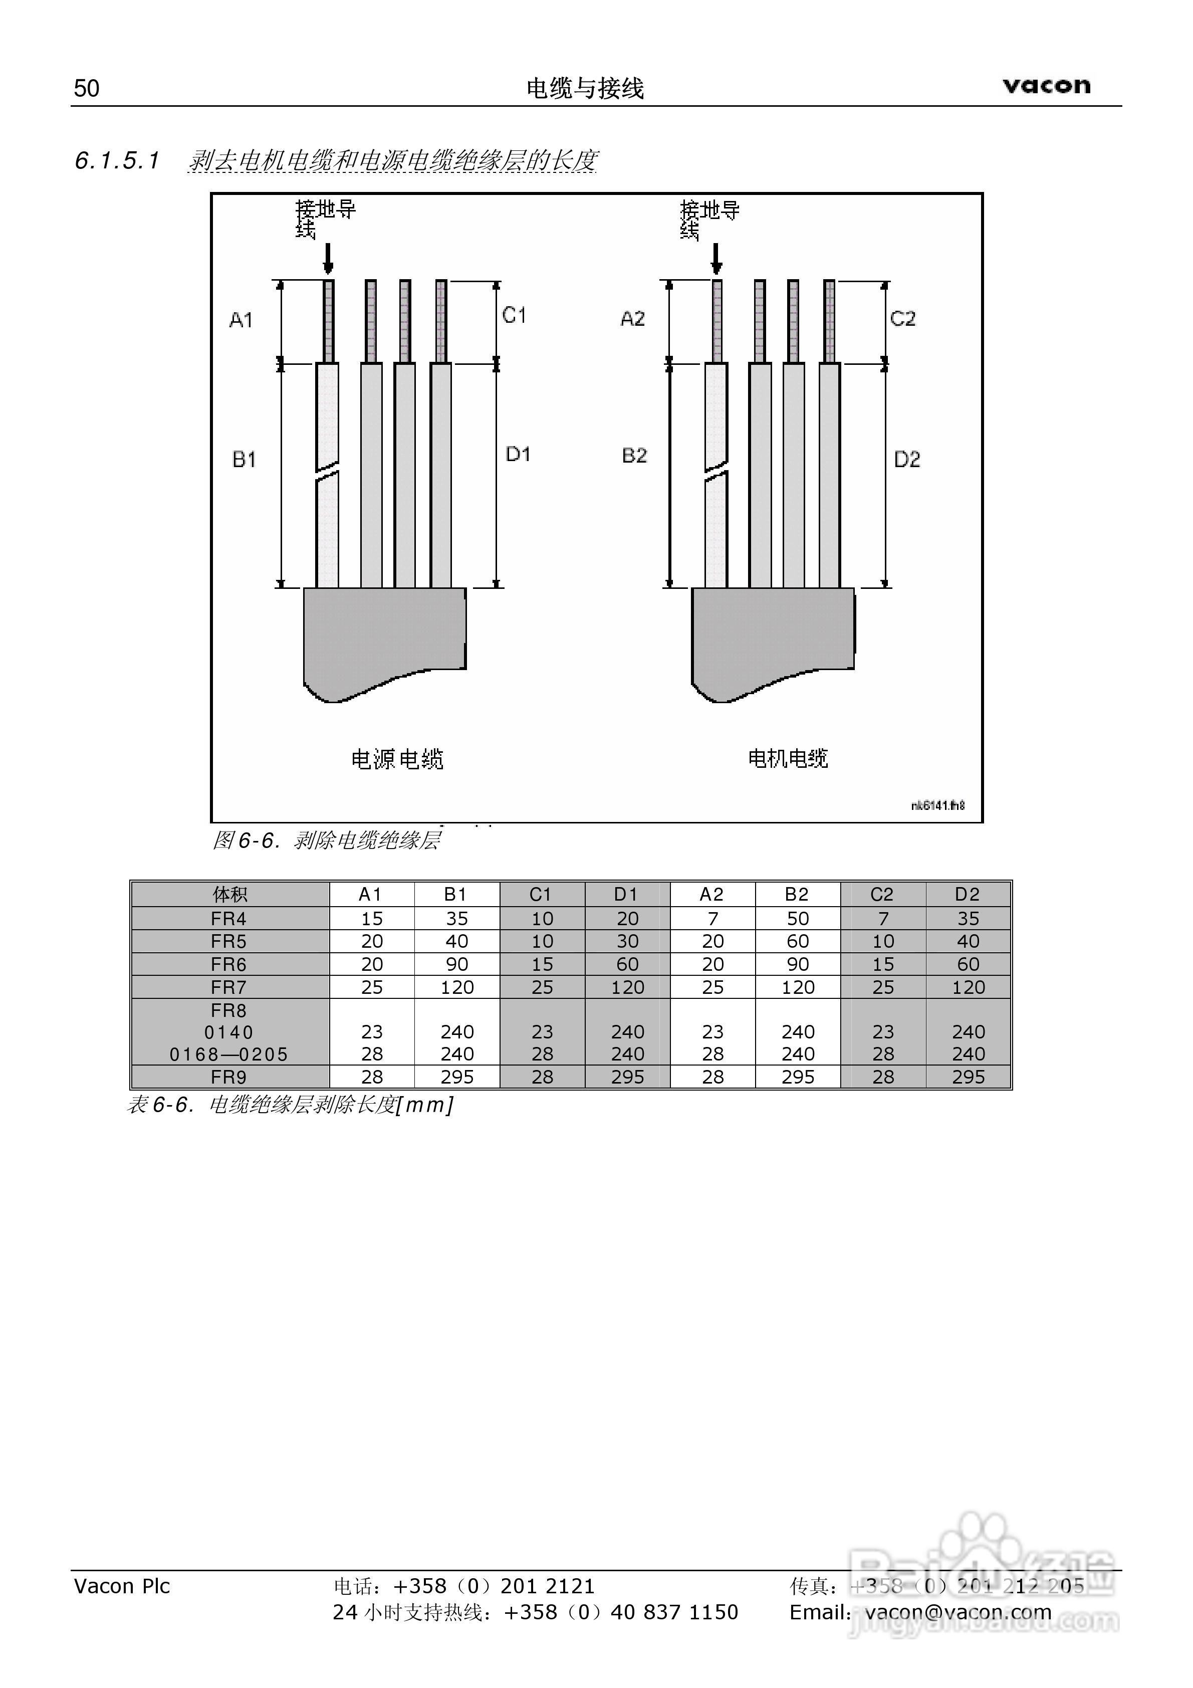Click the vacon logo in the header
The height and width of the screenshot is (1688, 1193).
pos(1046,86)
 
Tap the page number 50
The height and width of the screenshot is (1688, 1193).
pos(86,88)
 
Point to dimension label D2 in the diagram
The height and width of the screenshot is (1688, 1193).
pos(907,460)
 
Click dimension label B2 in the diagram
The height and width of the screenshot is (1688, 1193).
pos(634,455)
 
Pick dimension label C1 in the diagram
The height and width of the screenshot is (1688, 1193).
pos(514,315)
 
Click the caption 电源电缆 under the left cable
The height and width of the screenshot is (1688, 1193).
pos(397,759)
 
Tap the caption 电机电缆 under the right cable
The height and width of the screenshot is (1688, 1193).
pos(788,758)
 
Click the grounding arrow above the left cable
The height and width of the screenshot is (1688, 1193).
pos(328,258)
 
